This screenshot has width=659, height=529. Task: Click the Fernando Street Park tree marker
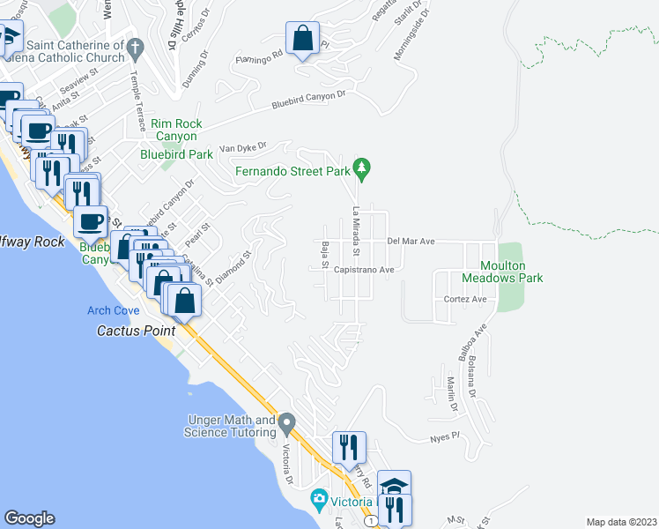click(360, 167)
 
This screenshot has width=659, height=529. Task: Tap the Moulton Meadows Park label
click(511, 272)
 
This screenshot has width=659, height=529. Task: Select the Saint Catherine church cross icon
click(135, 45)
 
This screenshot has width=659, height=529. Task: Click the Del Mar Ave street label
click(411, 240)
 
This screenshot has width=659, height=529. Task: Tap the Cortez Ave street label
click(466, 300)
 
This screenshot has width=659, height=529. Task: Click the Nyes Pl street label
click(445, 436)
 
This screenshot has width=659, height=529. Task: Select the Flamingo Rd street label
click(257, 54)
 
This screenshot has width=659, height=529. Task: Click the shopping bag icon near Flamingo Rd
click(302, 40)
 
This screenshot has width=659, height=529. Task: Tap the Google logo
click(29, 518)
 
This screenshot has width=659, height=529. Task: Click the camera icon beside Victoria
click(319, 501)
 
